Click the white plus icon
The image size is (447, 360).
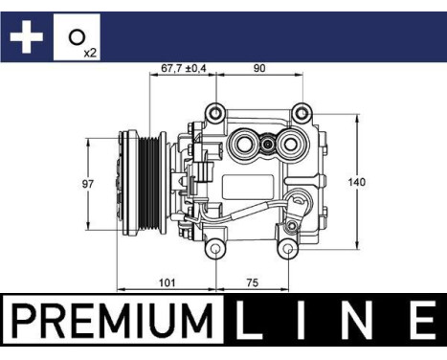pos(26,37)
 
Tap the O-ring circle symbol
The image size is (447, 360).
pos(75,37)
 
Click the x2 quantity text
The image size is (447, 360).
pos(90,51)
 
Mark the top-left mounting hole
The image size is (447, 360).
pos(218,112)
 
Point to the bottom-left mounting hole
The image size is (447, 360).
pos(218,251)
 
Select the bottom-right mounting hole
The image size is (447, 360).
pos(286,251)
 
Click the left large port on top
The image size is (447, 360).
pos(244,146)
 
